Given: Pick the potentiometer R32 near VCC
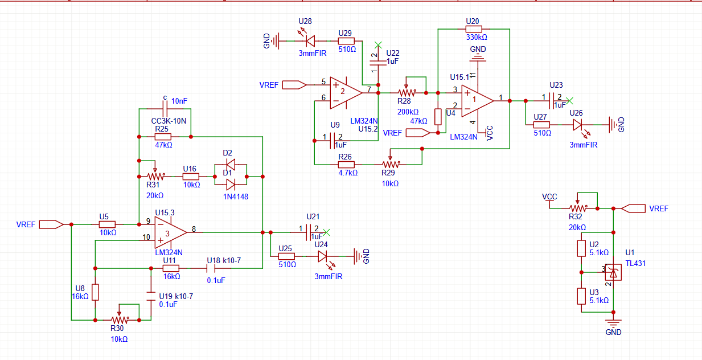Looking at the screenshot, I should [577, 208].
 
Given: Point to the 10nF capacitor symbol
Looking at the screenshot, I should [165, 108].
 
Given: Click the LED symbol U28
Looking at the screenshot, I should [310, 40].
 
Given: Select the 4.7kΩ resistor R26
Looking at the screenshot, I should [346, 165].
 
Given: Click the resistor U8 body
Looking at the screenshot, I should [95, 292].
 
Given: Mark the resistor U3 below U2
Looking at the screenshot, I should [581, 296].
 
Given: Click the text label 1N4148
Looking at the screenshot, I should [235, 197].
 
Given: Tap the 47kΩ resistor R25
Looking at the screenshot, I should [164, 137].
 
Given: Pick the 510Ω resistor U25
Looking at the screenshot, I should [287, 256].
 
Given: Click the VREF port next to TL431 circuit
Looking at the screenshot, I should [634, 208].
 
